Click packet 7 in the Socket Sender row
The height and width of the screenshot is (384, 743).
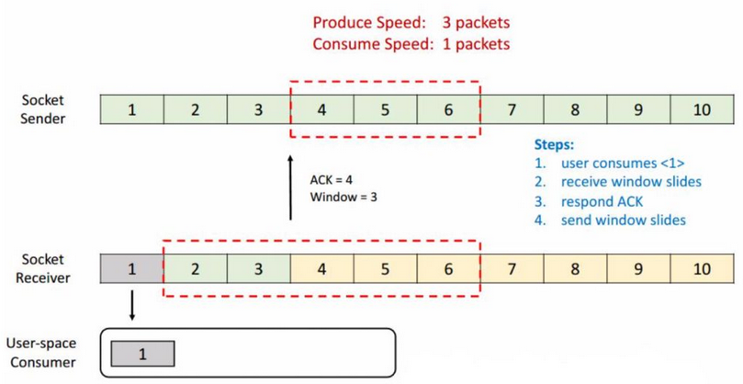512,110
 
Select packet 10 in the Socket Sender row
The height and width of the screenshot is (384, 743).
703,110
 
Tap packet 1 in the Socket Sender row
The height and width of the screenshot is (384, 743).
131,110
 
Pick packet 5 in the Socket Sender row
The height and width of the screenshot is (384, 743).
385,110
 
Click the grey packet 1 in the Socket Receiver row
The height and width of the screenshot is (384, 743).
131,269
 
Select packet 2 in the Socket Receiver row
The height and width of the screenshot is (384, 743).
195,269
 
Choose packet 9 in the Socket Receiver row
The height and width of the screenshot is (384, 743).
639,269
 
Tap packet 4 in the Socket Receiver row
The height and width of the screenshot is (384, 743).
321,269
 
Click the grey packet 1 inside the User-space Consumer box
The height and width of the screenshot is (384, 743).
142,354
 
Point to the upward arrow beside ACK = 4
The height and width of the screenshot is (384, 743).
291,188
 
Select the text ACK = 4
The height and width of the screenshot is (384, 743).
332,180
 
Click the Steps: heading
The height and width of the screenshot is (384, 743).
555,145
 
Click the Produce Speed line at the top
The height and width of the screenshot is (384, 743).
411,23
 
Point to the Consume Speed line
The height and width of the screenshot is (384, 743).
411,43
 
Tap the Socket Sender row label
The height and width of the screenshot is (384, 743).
45,109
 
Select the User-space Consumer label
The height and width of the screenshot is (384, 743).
41,353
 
